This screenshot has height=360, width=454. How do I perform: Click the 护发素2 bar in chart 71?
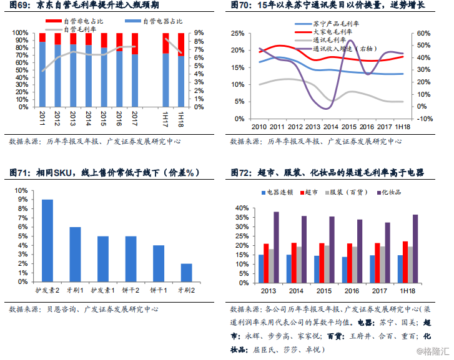(47, 240)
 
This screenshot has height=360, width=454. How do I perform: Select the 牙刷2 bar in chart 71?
(187, 272)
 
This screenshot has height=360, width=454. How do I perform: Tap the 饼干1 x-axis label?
(159, 290)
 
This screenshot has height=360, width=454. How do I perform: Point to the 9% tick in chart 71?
(21, 200)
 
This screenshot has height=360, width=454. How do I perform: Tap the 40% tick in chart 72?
(242, 208)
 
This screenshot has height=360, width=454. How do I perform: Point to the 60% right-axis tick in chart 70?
(423, 33)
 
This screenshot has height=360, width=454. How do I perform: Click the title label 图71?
(19, 172)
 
